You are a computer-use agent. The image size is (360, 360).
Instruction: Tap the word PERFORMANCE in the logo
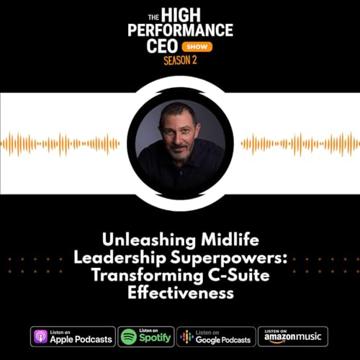[x=181, y=30]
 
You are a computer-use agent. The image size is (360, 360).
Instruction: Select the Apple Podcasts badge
[x=73, y=336]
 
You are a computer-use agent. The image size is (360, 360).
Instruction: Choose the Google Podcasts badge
[x=215, y=336]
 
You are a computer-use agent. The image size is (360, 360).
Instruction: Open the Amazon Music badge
[x=292, y=336]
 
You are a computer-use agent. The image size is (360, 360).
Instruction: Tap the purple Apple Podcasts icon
[x=42, y=336]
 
